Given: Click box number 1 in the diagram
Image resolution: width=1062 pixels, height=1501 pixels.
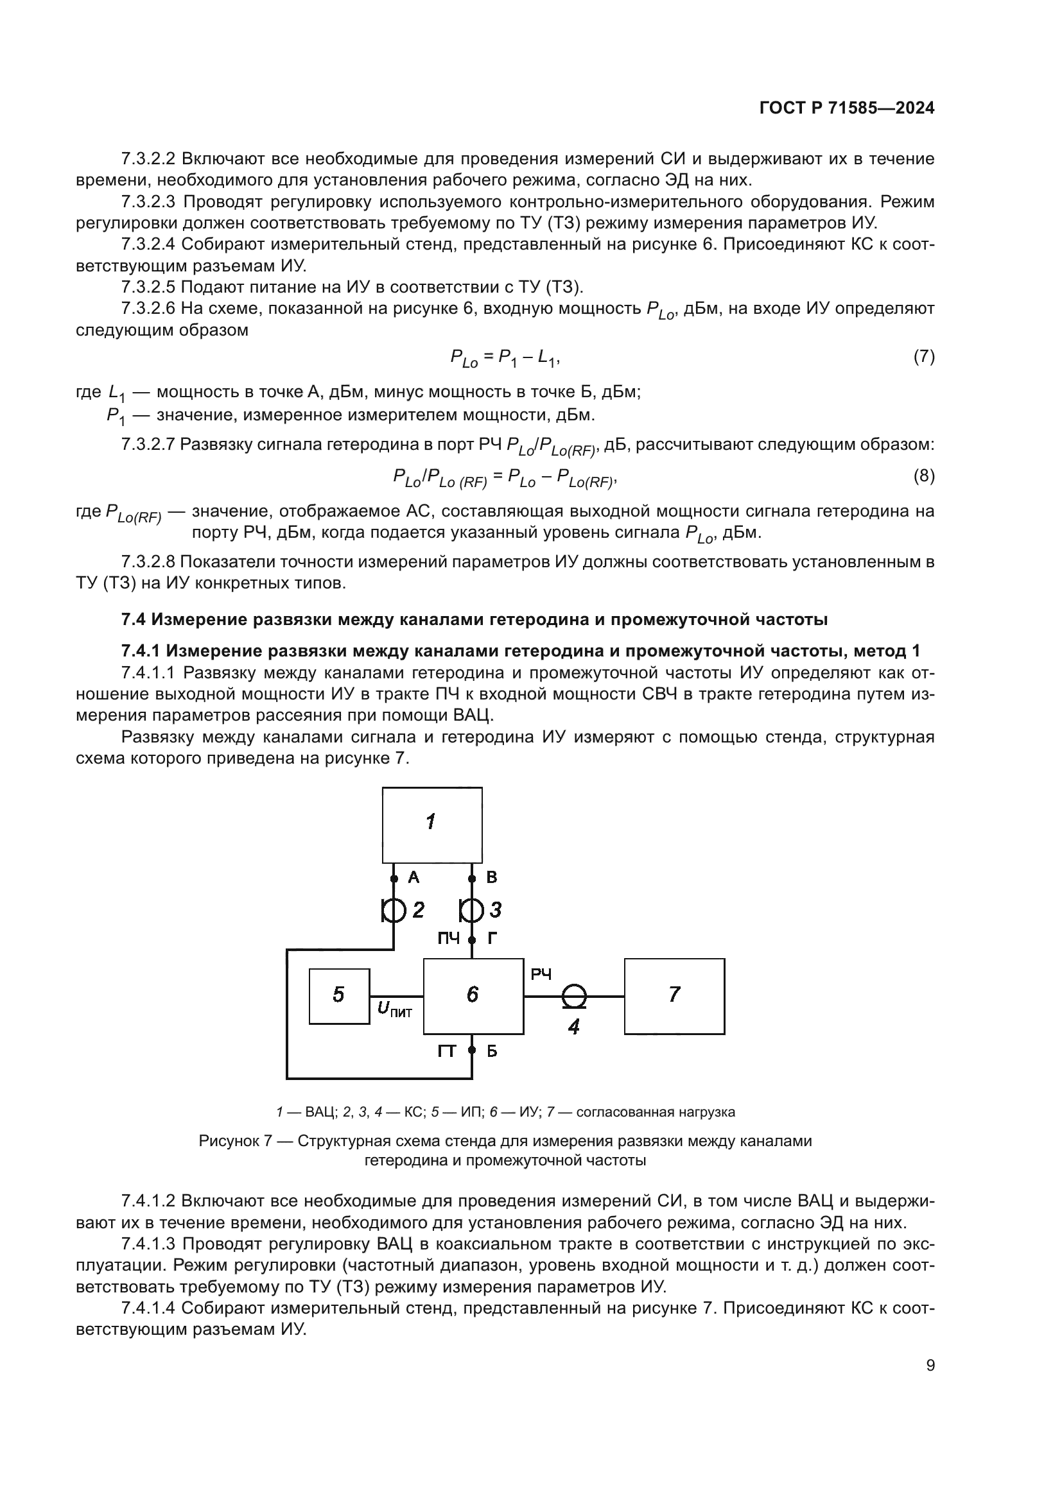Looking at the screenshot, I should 431,825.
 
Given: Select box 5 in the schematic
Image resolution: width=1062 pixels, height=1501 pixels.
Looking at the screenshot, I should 339,996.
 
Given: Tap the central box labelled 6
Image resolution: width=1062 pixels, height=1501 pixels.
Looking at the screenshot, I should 473,996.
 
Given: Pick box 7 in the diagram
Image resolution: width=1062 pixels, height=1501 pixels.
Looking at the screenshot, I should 674,996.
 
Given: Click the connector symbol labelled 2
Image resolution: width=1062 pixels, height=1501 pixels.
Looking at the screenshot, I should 393,909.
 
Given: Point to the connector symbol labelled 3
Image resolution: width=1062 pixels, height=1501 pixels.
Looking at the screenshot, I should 471,909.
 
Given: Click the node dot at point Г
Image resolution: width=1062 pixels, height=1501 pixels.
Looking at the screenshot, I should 471,939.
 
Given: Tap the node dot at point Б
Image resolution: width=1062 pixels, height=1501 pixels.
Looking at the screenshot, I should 471,1051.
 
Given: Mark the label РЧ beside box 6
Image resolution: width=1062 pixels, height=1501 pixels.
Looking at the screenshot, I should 541,975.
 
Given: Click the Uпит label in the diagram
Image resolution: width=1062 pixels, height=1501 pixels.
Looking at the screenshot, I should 394,1010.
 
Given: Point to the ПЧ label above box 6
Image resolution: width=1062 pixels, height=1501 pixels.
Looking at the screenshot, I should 449,939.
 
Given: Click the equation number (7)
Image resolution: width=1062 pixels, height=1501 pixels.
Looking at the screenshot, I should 923,356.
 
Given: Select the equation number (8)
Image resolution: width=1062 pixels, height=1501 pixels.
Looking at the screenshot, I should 923,476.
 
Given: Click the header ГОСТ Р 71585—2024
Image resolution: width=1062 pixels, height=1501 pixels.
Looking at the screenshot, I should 847,108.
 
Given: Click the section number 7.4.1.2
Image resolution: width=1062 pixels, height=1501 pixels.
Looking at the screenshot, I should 148,1201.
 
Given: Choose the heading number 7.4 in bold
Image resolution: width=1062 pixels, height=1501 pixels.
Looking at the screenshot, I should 135,619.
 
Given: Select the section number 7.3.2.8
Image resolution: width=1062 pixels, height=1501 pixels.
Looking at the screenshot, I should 148,562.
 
